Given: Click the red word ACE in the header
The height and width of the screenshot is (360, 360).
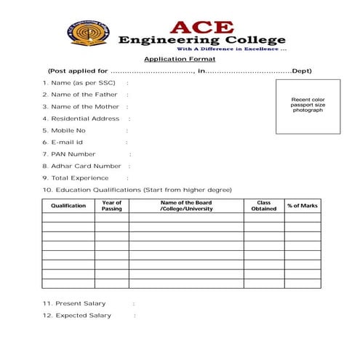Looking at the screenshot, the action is click(192, 27).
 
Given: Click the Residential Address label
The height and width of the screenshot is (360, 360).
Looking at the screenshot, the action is click(81, 119).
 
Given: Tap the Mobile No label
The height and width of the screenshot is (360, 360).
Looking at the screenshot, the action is click(64, 130).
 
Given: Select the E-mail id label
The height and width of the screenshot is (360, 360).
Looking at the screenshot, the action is click(63, 142).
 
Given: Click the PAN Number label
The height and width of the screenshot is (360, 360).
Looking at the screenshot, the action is click(68, 154).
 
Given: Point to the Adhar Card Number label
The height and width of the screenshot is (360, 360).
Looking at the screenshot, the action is click(81, 166).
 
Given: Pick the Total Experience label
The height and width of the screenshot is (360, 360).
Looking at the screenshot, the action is click(75, 177).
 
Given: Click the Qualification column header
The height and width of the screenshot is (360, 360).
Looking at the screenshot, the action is click(68, 206).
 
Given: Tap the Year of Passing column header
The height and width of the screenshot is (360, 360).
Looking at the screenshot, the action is click(112, 206).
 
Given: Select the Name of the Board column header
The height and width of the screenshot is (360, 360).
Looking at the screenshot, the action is click(185, 206).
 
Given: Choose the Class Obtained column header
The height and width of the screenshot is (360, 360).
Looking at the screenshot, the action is click(263, 206).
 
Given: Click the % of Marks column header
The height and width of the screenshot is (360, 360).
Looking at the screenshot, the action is click(303, 206).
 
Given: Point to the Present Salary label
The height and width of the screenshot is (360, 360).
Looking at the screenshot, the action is click(74, 303).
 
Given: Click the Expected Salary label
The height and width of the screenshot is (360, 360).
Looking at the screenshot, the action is click(76, 316).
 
